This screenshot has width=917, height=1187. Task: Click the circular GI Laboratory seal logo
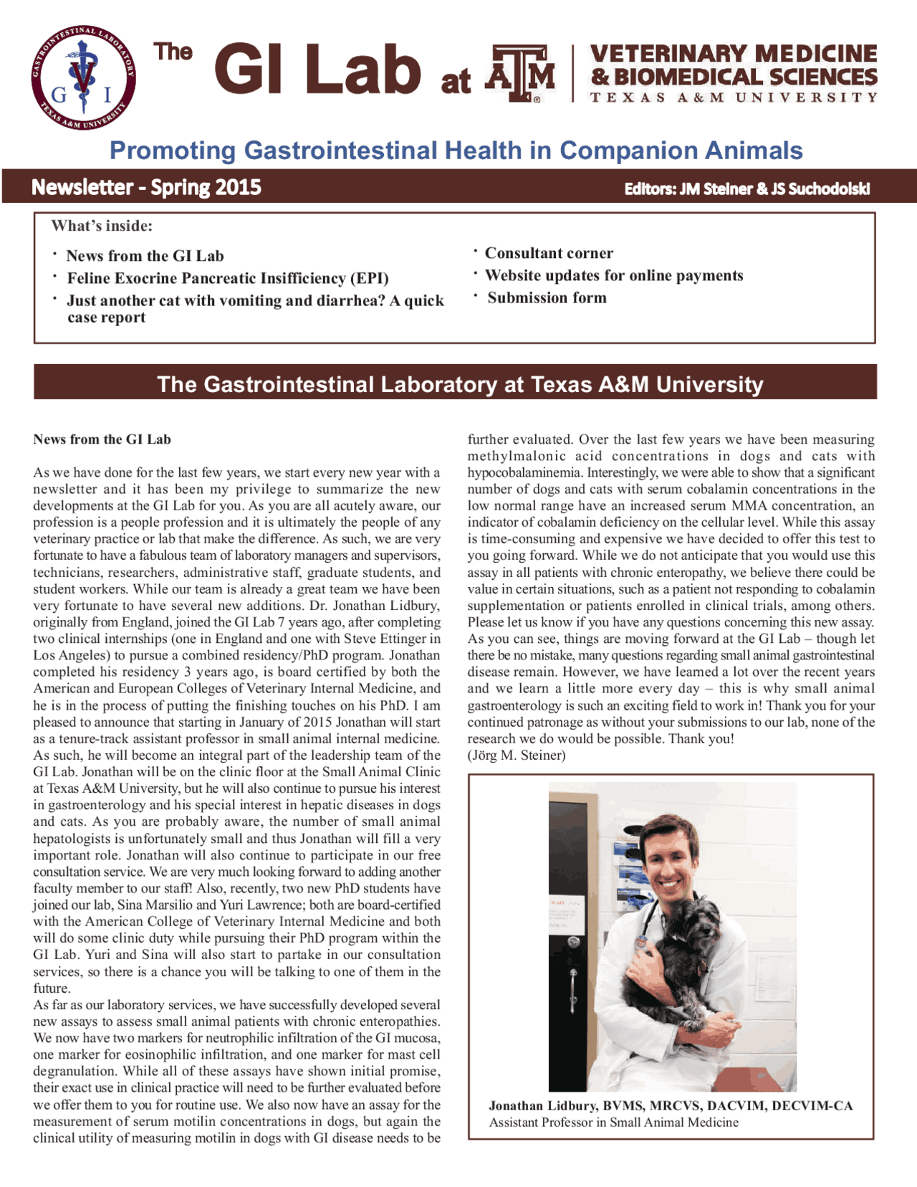click(83, 77)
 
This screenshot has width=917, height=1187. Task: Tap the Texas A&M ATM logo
click(520, 73)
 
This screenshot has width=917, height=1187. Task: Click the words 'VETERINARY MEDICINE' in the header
click(733, 54)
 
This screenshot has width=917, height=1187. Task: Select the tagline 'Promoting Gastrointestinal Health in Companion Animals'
click(456, 151)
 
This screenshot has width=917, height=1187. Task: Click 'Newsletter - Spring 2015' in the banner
click(146, 188)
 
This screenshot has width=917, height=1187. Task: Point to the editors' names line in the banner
click(746, 189)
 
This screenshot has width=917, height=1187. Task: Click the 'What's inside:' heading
click(102, 227)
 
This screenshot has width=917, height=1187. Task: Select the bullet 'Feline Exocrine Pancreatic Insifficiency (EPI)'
click(228, 278)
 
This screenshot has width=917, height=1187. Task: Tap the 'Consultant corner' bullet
click(549, 253)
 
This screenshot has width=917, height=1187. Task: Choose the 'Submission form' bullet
click(547, 297)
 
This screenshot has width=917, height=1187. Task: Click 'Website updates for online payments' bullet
click(614, 275)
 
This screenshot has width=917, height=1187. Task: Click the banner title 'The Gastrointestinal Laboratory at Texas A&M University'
click(460, 384)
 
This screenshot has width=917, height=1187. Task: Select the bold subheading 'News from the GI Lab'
click(102, 439)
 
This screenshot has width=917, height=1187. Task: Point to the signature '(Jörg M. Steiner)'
click(517, 755)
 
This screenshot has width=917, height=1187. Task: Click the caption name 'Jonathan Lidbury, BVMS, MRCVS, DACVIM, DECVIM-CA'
click(671, 1105)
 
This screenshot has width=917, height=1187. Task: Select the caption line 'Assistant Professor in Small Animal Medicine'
click(614, 1122)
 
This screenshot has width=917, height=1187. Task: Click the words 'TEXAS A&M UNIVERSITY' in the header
click(733, 97)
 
